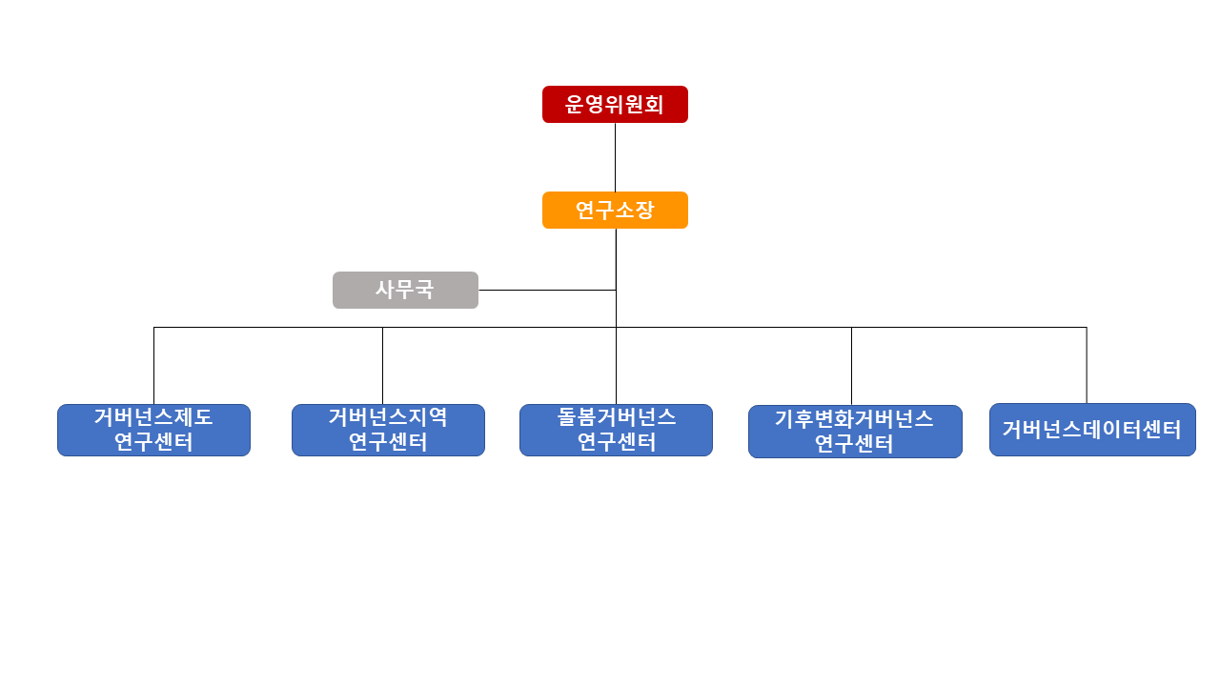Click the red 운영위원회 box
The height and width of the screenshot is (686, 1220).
tap(615, 105)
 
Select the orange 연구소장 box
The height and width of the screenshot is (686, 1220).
tap(615, 211)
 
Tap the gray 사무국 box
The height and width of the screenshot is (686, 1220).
tap(405, 290)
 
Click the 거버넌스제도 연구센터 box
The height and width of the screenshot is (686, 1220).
tap(153, 431)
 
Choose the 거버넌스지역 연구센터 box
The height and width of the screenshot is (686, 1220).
tap(388, 431)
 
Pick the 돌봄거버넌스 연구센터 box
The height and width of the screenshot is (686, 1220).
tap(616, 431)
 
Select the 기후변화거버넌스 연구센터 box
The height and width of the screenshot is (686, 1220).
tap(855, 432)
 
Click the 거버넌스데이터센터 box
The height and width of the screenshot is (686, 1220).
tap(1092, 430)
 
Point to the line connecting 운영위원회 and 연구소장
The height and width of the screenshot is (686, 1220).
tap(615, 157)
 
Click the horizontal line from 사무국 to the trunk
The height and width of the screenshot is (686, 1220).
tap(547, 290)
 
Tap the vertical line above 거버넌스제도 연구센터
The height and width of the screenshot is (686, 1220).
tap(153, 366)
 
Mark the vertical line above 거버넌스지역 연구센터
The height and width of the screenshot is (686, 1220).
tap(382, 366)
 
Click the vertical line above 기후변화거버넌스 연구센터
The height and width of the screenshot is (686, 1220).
tap(851, 366)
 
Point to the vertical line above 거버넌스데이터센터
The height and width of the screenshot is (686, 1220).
tap(1087, 366)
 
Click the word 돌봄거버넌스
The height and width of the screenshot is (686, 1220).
tap(616, 417)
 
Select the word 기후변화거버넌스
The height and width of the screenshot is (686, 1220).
tap(854, 418)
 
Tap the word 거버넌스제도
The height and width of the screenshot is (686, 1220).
tap(153, 417)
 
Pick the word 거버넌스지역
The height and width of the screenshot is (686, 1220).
tap(388, 417)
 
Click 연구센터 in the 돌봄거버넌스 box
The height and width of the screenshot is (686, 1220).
tap(616, 443)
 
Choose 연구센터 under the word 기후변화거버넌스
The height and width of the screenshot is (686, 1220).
tap(854, 444)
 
